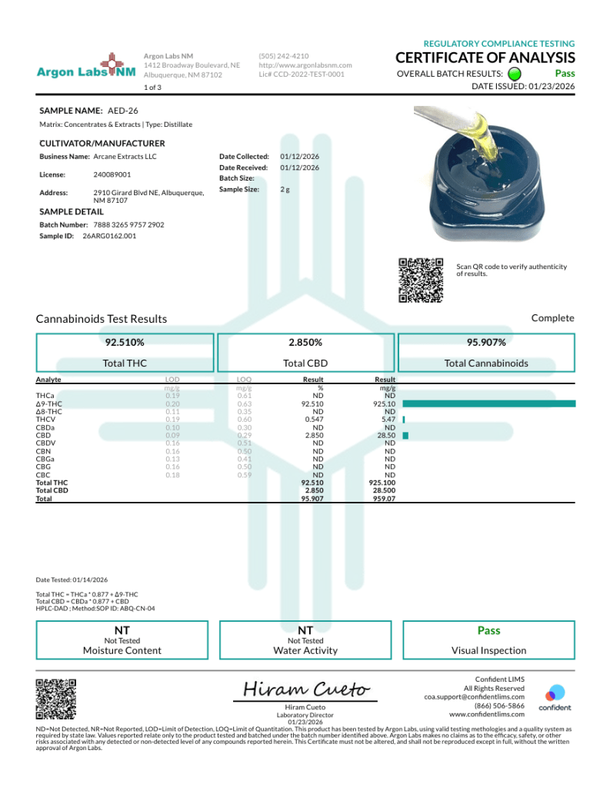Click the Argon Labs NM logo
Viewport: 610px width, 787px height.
(x=86, y=71)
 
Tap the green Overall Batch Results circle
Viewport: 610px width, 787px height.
(x=515, y=74)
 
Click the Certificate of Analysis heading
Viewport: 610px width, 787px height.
(x=485, y=58)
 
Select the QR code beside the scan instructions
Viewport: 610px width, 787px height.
(x=422, y=280)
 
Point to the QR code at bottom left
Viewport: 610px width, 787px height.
(x=56, y=699)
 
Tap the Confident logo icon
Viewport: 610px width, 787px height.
(x=555, y=692)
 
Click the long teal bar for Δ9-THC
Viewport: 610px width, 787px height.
(x=488, y=403)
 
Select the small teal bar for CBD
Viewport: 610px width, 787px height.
(x=405, y=435)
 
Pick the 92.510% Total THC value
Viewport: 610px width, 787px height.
(x=125, y=342)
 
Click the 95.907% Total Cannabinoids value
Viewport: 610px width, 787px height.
(x=486, y=342)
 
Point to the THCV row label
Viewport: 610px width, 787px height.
(x=45, y=420)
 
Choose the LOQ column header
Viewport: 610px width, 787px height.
(x=245, y=380)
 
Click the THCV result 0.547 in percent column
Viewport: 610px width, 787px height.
(x=313, y=420)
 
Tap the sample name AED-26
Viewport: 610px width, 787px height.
(x=118, y=111)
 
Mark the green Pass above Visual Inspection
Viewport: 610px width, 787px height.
(x=488, y=630)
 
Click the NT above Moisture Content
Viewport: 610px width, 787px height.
(x=122, y=630)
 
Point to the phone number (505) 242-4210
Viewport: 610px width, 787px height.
(x=284, y=56)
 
